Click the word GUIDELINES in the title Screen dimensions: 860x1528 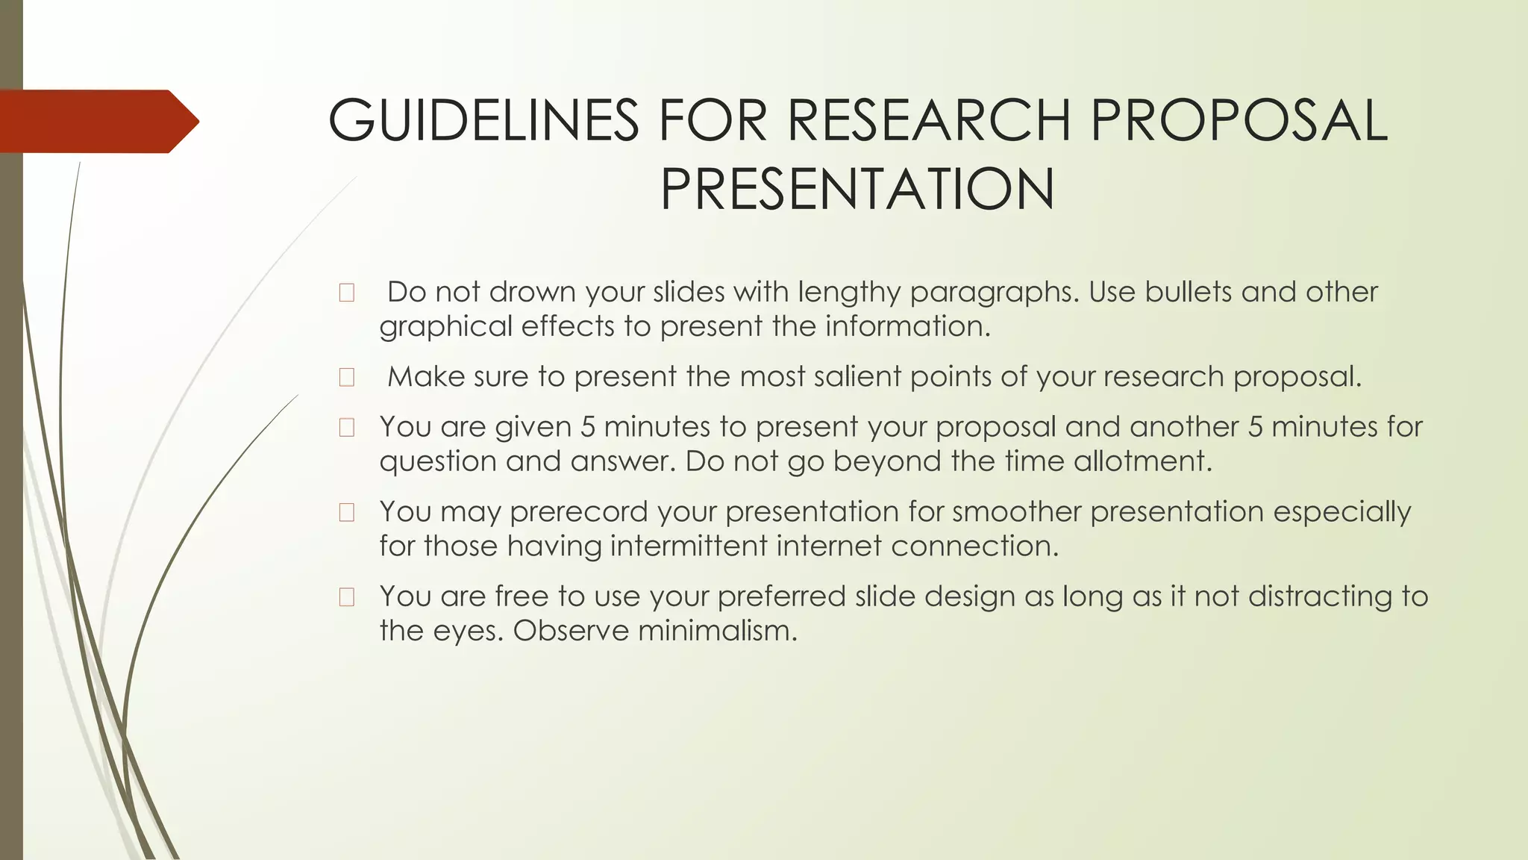(x=483, y=120)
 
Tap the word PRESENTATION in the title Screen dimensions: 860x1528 (x=857, y=189)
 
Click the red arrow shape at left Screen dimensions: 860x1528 (x=97, y=121)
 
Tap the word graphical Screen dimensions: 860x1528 (x=445, y=327)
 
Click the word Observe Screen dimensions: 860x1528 (x=572, y=631)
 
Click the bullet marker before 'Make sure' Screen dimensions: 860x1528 (x=346, y=377)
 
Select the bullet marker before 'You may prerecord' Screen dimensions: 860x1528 (x=346, y=512)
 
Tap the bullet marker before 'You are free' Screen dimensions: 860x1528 (x=346, y=597)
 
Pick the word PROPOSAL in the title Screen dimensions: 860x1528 (x=1239, y=120)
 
